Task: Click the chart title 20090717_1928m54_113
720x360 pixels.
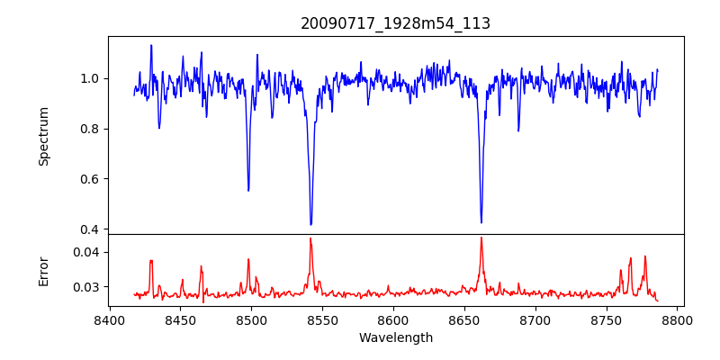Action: pyautogui.click(x=395, y=23)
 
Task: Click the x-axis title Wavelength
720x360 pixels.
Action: pyautogui.click(x=395, y=337)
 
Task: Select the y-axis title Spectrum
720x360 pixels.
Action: pyautogui.click(x=44, y=136)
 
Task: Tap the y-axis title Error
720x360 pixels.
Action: pyautogui.click(x=44, y=271)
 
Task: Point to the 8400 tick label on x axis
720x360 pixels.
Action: pyautogui.click(x=109, y=319)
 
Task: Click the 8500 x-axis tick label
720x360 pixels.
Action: pyautogui.click(x=251, y=319)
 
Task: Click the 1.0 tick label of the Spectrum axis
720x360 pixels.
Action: pyautogui.click(x=89, y=78)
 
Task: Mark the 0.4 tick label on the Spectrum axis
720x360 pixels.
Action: pyautogui.click(x=89, y=229)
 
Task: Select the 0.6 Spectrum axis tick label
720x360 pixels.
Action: pyautogui.click(x=89, y=178)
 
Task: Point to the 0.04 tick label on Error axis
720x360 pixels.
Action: pyautogui.click(x=86, y=252)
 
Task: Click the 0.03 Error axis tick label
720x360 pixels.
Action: pyautogui.click(x=86, y=287)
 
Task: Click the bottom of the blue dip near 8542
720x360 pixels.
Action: pyautogui.click(x=310, y=225)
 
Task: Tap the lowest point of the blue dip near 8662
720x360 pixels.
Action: pyautogui.click(x=481, y=222)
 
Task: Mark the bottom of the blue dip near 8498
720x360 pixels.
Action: pyautogui.click(x=248, y=191)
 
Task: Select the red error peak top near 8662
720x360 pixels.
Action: pyautogui.click(x=481, y=238)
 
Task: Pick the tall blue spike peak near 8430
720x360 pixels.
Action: pyautogui.click(x=151, y=45)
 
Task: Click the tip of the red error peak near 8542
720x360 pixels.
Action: pyautogui.click(x=310, y=238)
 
